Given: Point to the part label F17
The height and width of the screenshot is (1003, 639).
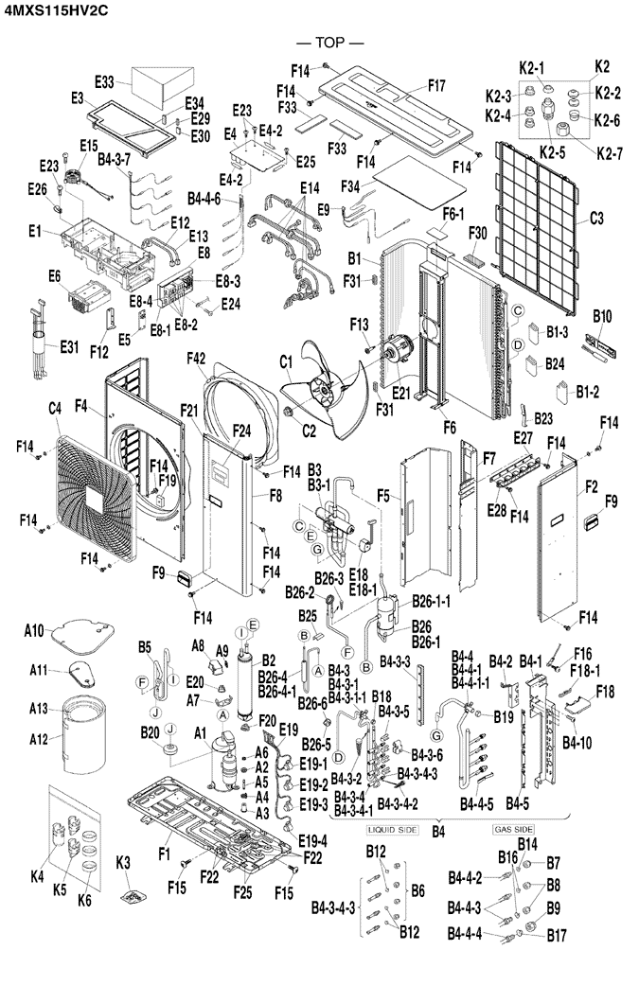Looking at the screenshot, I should point(436,85).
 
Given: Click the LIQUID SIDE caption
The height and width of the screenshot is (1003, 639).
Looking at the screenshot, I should point(392,829).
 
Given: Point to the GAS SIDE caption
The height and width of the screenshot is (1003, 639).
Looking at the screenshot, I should point(514,829).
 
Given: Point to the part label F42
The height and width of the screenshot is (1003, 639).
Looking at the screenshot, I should point(196,358).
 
